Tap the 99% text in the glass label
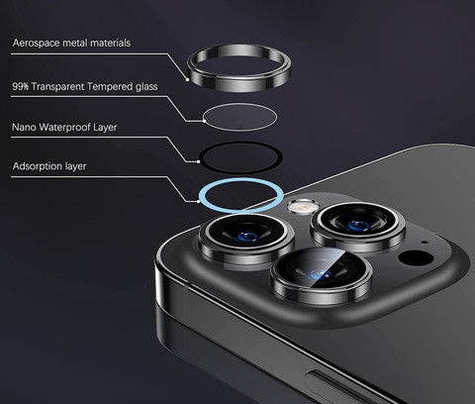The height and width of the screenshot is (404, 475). click(x=21, y=86)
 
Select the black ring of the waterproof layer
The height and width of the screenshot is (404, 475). click(x=240, y=170)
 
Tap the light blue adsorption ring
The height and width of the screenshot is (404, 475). click(x=240, y=210)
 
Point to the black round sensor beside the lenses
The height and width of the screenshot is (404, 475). click(x=416, y=257)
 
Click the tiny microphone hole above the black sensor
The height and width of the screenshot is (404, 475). click(x=425, y=243)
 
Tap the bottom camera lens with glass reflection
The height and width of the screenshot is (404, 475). click(x=321, y=274)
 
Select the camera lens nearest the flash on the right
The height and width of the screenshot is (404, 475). click(x=358, y=226)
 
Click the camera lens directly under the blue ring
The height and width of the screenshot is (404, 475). click(x=246, y=239)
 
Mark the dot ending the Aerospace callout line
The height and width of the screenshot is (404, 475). click(x=187, y=79)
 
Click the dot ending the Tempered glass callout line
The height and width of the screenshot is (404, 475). click(x=204, y=121)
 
